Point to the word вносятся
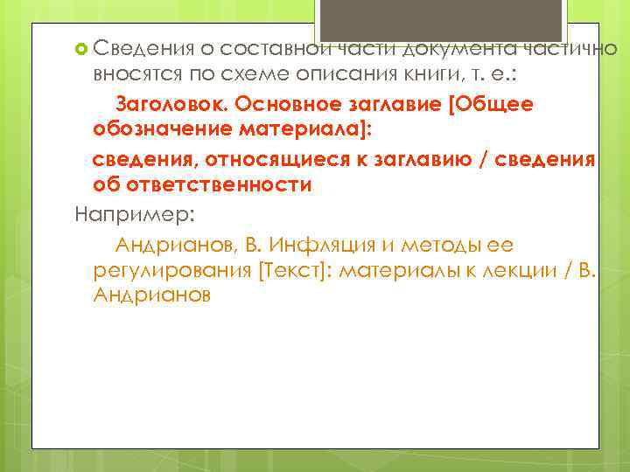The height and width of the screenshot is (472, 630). point(130,73)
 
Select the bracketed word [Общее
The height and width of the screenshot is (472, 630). point(491,104)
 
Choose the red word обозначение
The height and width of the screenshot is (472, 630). point(159,131)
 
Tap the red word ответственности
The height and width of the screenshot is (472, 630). point(219,186)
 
